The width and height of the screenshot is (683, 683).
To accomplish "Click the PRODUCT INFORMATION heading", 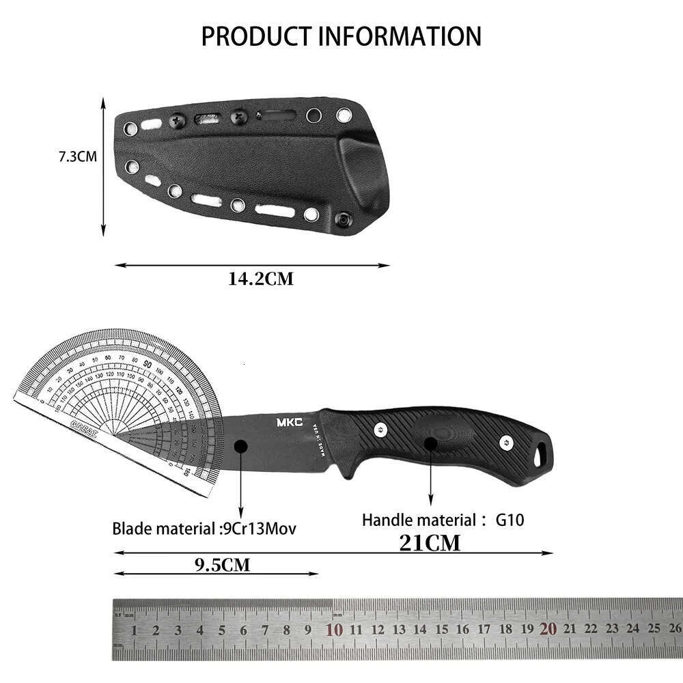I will (x=341, y=36).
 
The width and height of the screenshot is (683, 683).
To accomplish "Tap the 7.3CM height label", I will (x=77, y=156).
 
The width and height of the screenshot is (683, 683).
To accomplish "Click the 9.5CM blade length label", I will (x=223, y=564).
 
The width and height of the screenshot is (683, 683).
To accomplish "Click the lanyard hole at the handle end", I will (x=542, y=451).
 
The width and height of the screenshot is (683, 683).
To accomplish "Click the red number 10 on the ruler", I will (x=335, y=629).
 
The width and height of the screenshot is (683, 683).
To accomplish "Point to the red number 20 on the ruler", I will (x=548, y=629).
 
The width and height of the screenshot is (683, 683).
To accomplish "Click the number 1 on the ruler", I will (x=135, y=630).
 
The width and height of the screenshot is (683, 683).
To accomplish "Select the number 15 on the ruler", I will (x=441, y=630).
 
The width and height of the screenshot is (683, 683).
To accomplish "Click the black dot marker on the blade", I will (x=240, y=446).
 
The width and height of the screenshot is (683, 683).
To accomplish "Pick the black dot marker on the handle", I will (x=430, y=443).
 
